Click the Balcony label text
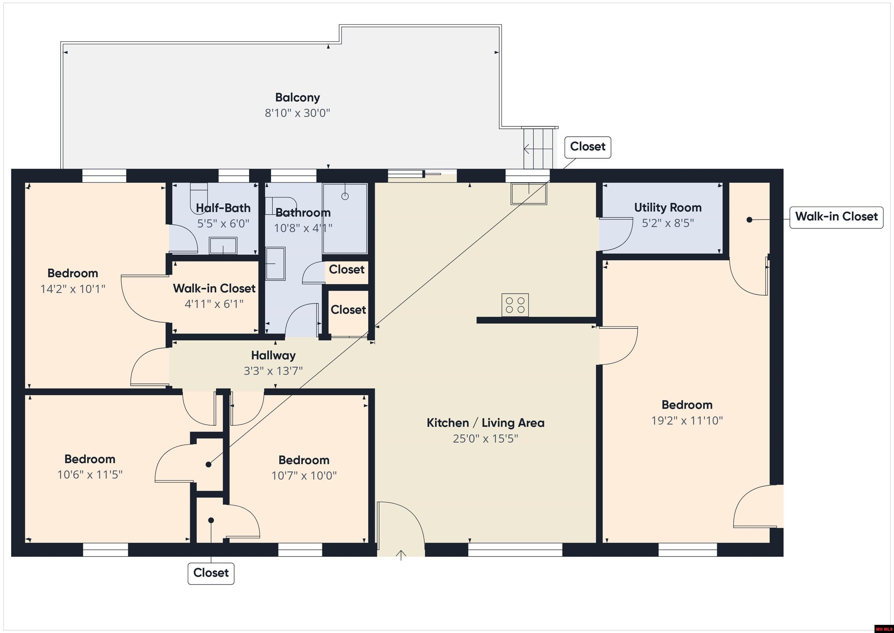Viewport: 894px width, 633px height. (297, 98)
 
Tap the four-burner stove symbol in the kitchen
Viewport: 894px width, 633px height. (515, 305)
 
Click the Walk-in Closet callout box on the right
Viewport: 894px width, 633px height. (836, 217)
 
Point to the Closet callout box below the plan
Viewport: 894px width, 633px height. (211, 573)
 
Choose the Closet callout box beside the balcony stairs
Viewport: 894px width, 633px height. (587, 147)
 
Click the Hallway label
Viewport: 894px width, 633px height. (273, 355)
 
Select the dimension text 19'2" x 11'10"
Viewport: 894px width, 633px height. (687, 421)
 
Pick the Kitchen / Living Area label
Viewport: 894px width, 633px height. (485, 423)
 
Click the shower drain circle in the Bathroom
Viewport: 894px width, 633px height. (345, 196)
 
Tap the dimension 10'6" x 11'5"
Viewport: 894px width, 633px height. (90, 475)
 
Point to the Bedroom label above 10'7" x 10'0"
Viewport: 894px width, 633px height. (304, 460)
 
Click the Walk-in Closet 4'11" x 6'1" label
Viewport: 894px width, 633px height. (214, 289)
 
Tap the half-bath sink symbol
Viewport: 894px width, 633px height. (223, 246)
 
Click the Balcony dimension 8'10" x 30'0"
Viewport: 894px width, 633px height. (297, 113)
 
